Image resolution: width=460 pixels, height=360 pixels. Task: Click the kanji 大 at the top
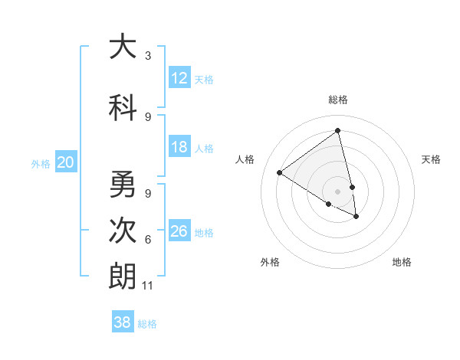(122, 47)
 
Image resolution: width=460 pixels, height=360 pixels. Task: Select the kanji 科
(122, 106)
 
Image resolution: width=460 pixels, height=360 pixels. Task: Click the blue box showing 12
(179, 77)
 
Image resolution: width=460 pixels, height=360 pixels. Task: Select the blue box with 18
(179, 147)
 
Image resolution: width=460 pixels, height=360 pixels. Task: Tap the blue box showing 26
(179, 231)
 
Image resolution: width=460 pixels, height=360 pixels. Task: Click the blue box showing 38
(123, 322)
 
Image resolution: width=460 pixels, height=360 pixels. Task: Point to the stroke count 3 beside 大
(148, 56)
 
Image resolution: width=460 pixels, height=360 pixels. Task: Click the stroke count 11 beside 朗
(149, 286)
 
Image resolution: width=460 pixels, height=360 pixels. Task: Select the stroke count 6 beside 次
(148, 240)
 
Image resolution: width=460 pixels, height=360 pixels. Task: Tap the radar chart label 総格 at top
(338, 100)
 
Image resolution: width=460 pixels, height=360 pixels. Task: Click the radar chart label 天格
(431, 159)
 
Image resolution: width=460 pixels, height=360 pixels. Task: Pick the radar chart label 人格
(245, 159)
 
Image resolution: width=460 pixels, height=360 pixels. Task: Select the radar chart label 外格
(270, 262)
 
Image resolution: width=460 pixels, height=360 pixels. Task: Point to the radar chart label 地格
(402, 262)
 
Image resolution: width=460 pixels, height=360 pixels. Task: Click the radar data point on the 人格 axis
(280, 172)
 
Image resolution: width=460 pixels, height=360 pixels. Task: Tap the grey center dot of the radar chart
(338, 191)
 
